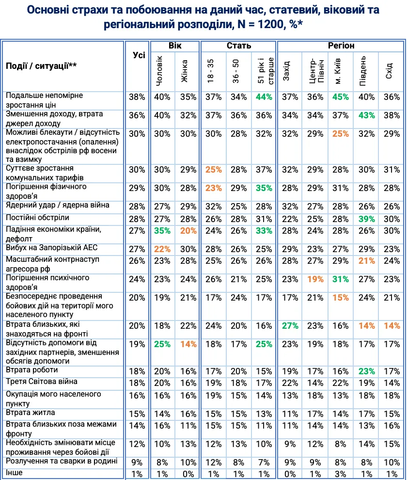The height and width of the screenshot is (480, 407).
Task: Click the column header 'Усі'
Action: [x=139, y=55]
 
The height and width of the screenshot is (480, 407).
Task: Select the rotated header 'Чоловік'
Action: [x=160, y=71]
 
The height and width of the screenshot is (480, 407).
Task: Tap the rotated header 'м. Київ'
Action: [x=339, y=71]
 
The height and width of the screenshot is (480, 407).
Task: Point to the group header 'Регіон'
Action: [x=341, y=46]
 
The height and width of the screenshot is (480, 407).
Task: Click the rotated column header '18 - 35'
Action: [x=211, y=71]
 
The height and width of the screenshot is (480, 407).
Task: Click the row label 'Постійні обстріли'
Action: [x=37, y=218]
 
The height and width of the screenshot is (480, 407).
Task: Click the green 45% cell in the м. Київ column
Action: [x=341, y=97]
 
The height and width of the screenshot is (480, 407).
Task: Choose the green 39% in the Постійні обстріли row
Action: [x=366, y=219]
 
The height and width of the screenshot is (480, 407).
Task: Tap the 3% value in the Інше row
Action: [x=341, y=474]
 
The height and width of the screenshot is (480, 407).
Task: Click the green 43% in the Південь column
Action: [x=366, y=115]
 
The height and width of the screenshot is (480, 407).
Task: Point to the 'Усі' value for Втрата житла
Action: [x=137, y=414]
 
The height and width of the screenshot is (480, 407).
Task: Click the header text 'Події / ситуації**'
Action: [x=41, y=66]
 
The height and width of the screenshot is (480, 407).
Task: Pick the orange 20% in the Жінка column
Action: [x=188, y=230]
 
